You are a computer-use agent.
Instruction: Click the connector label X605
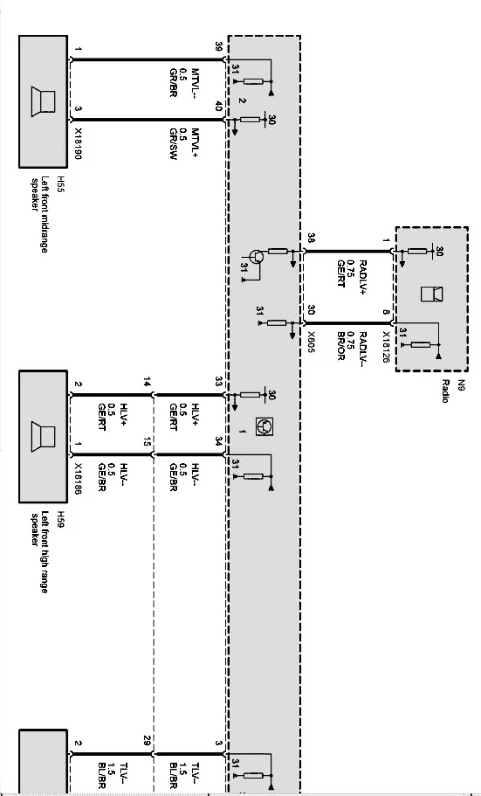(311, 343)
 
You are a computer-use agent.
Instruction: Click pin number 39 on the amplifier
(219, 46)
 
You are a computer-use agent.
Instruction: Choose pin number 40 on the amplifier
(219, 106)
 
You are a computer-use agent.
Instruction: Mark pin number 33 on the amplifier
(219, 382)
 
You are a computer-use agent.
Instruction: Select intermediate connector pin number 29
(146, 741)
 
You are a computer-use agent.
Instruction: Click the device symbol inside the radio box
(432, 294)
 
